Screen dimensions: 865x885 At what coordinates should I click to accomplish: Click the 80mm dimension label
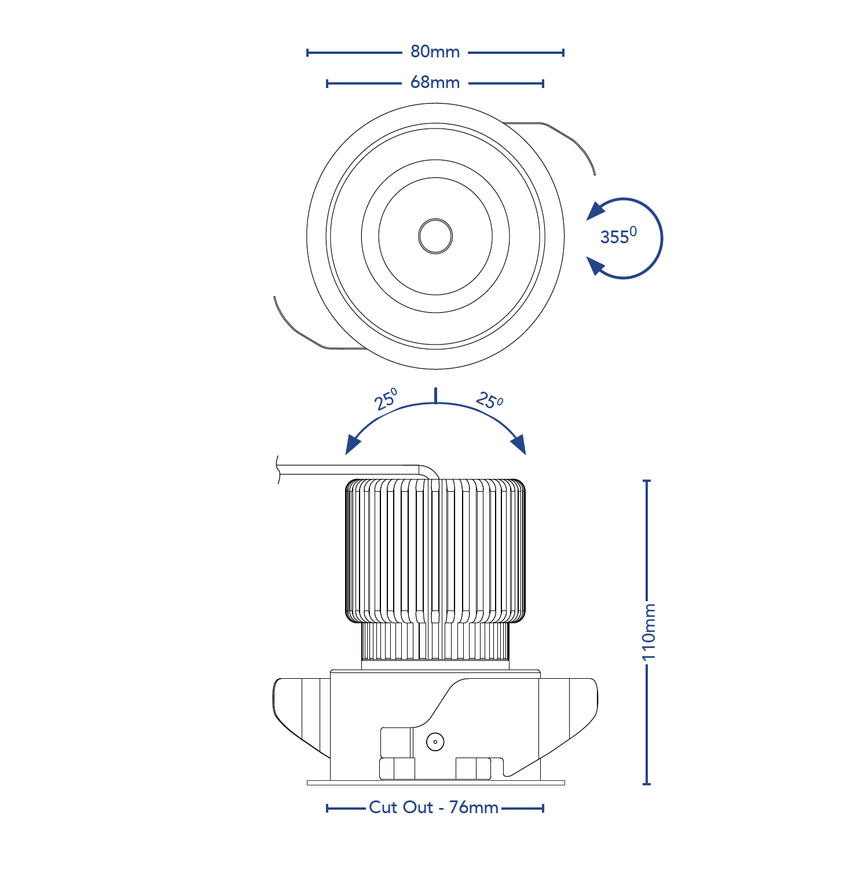pyautogui.click(x=435, y=52)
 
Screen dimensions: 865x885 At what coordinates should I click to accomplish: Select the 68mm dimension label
pyautogui.click(x=435, y=82)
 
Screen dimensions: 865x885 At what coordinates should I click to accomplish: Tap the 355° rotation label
pyautogui.click(x=618, y=235)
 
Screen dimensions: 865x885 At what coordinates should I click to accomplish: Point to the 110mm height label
pyautogui.click(x=649, y=631)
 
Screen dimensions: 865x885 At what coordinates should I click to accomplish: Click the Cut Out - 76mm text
pyautogui.click(x=434, y=807)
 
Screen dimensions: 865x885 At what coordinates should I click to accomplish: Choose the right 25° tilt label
pyautogui.click(x=490, y=400)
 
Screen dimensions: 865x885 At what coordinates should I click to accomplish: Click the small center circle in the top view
pyautogui.click(x=435, y=236)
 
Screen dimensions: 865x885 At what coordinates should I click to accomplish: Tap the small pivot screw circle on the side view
pyautogui.click(x=435, y=741)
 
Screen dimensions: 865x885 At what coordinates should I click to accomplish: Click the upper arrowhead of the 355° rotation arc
pyautogui.click(x=596, y=211)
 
